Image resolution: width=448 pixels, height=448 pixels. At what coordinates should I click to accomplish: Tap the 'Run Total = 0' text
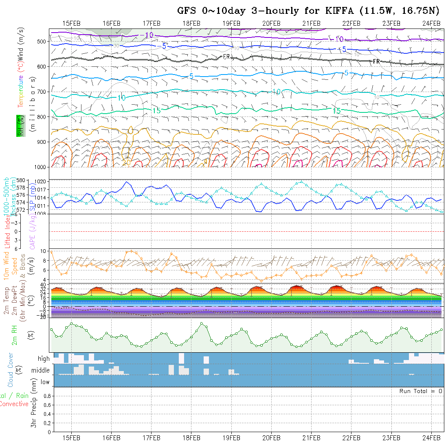[421, 391]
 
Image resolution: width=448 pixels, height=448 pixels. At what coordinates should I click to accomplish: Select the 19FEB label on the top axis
[231, 23]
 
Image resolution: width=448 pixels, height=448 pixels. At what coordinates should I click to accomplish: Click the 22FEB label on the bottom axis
[351, 437]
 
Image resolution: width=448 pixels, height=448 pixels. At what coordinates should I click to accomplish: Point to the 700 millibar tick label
[41, 92]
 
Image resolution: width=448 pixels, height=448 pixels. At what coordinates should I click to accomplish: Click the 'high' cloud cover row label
[44, 359]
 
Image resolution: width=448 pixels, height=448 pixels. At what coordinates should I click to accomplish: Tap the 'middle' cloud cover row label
[40, 371]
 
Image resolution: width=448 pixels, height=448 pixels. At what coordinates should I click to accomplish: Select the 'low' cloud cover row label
[45, 382]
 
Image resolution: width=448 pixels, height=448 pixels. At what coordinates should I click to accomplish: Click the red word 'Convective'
[14, 404]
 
